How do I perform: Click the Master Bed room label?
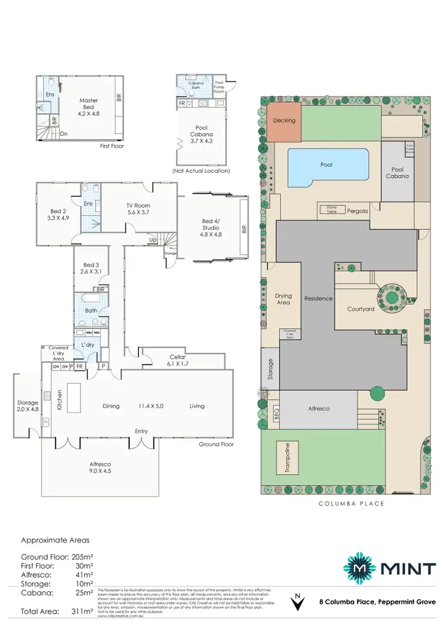pyautogui.click(x=89, y=104)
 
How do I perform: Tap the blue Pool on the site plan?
pyautogui.click(x=326, y=166)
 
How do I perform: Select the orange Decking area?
pyautogui.click(x=284, y=121)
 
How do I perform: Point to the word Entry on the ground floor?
pyautogui.click(x=141, y=431)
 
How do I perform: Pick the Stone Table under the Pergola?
pyautogui.click(x=329, y=208)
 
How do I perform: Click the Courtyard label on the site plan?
pyautogui.click(x=361, y=308)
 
